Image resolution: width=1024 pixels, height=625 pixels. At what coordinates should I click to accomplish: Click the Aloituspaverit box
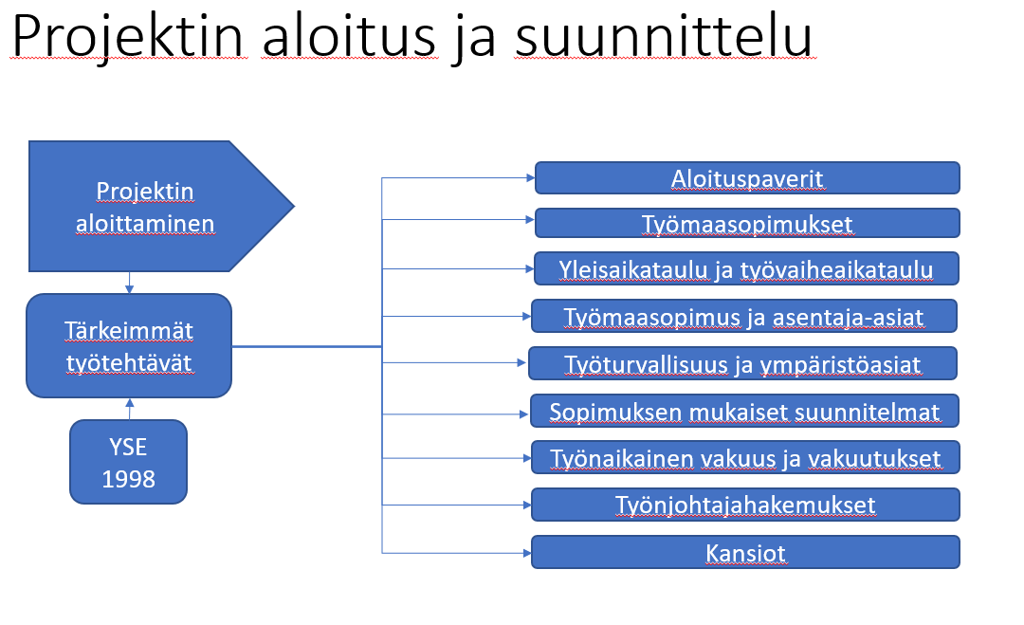(747, 177)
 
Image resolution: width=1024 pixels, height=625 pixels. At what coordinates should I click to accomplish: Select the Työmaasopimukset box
(747, 223)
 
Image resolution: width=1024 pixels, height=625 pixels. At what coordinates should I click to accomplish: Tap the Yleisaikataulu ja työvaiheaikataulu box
(747, 268)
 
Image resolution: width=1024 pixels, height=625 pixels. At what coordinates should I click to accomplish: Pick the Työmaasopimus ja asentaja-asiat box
(744, 316)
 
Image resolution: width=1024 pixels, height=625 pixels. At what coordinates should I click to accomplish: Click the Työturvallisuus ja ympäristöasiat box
(742, 363)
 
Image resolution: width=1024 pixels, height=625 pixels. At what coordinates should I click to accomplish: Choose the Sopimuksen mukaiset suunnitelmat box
(744, 411)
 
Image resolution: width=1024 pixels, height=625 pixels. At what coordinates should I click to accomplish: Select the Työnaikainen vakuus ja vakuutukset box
(745, 457)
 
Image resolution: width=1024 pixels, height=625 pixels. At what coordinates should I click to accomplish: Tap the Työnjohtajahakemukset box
(745, 504)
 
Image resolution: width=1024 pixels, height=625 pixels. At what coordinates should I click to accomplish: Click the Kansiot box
(745, 552)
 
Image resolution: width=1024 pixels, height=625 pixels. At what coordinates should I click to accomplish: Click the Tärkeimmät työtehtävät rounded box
(129, 345)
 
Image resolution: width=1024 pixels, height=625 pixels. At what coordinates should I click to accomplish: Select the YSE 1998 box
(129, 462)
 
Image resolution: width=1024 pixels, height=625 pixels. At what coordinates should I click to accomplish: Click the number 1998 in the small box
(129, 479)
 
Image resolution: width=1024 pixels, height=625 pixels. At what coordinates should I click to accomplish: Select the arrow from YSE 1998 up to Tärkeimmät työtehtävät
(129, 409)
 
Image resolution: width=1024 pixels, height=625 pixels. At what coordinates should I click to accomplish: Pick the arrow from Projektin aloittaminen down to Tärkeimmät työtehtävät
(129, 283)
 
